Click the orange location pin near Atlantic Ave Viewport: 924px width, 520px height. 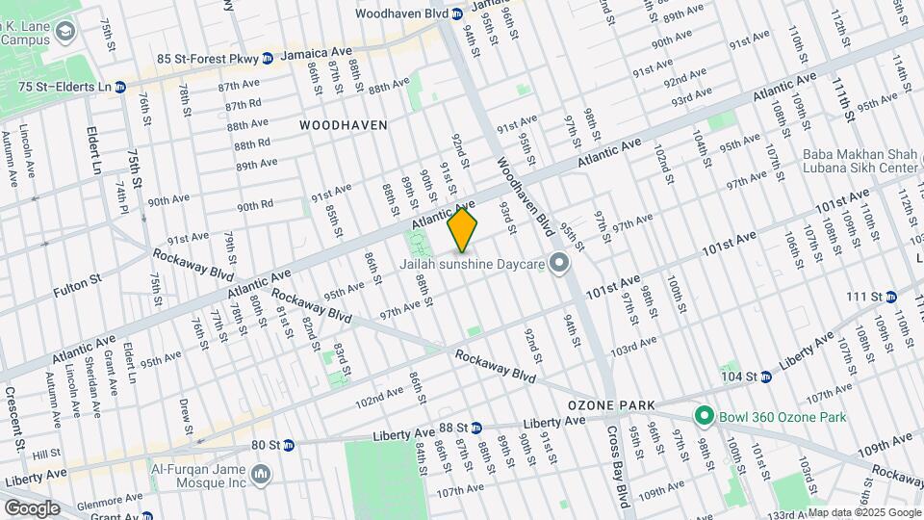(x=463, y=230)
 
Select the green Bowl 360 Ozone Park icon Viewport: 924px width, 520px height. (x=705, y=417)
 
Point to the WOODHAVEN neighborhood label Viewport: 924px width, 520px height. (x=343, y=125)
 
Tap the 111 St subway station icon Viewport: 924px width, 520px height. (x=890, y=296)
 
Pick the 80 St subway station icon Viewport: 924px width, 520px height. (x=289, y=445)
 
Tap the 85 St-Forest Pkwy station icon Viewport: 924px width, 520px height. (x=269, y=57)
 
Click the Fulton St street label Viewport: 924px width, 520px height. (x=81, y=281)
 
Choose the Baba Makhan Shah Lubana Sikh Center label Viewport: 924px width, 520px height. (x=861, y=161)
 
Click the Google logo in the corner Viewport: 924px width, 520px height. (x=31, y=507)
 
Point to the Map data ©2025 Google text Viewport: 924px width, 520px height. (x=863, y=512)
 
